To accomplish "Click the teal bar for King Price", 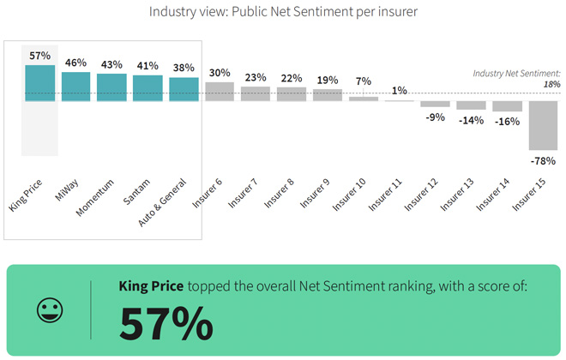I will pyautogui.click(x=39, y=83).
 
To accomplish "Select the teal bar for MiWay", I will pyautogui.click(x=75, y=87).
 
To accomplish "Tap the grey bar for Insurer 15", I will pyautogui.click(x=544, y=125).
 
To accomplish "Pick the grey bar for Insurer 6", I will pyautogui.click(x=220, y=92).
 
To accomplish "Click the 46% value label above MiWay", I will pyautogui.click(x=75, y=63).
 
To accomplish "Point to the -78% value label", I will pyautogui.click(x=543, y=161).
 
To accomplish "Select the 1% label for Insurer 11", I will pyautogui.click(x=399, y=92).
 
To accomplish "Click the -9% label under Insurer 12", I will pyautogui.click(x=435, y=117).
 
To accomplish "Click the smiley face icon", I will pyautogui.click(x=50, y=310).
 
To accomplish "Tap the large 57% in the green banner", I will pyautogui.click(x=166, y=323).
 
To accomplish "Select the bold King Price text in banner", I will pyautogui.click(x=151, y=285).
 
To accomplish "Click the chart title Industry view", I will pyautogui.click(x=283, y=12).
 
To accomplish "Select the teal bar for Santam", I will pyautogui.click(x=148, y=88).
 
